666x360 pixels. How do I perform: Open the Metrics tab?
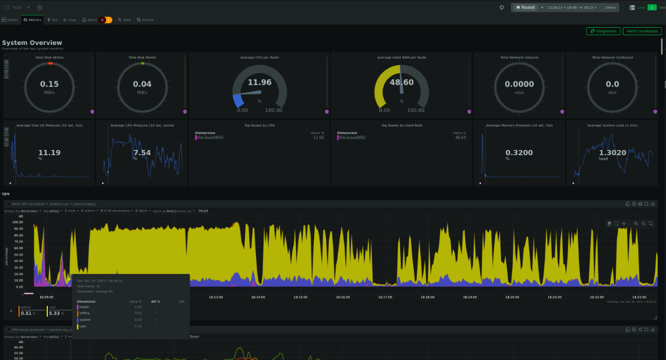32,20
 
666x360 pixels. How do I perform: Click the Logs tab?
70,20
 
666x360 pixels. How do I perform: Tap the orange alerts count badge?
109,20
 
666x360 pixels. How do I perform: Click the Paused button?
525,7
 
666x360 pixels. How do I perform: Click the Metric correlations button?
642,31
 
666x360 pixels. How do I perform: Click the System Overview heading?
32,43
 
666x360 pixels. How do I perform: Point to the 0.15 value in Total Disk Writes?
49,84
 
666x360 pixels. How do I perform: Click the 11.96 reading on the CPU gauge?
259,82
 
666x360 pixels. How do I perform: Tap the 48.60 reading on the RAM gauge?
401,82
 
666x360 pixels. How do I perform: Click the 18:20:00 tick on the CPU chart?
512,297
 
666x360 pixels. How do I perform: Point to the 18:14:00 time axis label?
258,297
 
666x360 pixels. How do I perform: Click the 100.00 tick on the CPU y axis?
17,222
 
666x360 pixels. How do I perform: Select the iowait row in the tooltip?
84,307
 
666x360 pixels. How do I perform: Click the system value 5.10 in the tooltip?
137,320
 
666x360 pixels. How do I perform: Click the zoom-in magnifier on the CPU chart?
636,223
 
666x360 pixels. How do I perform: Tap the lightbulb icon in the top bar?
502,7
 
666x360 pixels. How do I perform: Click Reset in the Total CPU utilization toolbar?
204,211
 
